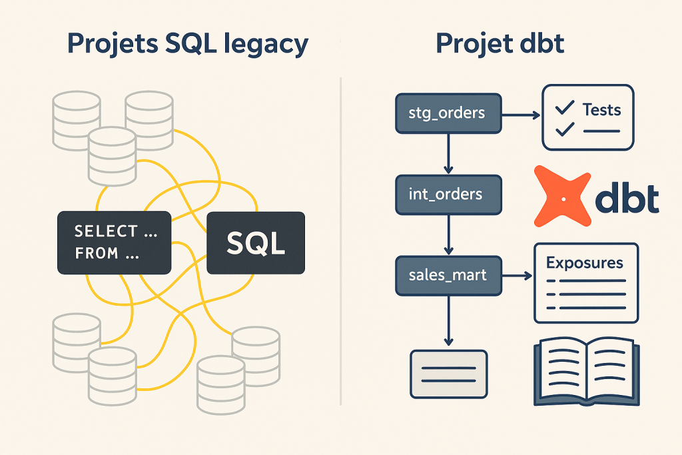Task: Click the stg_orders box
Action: click(x=448, y=112)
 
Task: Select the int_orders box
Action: click(x=448, y=195)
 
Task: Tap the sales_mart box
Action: click(x=448, y=274)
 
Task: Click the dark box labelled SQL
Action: click(x=256, y=243)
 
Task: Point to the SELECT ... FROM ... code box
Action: click(x=114, y=242)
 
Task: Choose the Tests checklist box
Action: click(x=587, y=117)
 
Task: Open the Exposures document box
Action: click(x=585, y=282)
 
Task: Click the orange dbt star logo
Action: click(x=563, y=197)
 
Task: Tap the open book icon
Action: click(x=587, y=373)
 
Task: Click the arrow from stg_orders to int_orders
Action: click(x=448, y=153)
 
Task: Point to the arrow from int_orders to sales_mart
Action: click(x=448, y=234)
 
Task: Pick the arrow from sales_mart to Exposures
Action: click(x=517, y=274)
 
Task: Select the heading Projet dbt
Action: click(x=500, y=43)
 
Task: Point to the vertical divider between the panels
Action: click(x=340, y=240)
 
